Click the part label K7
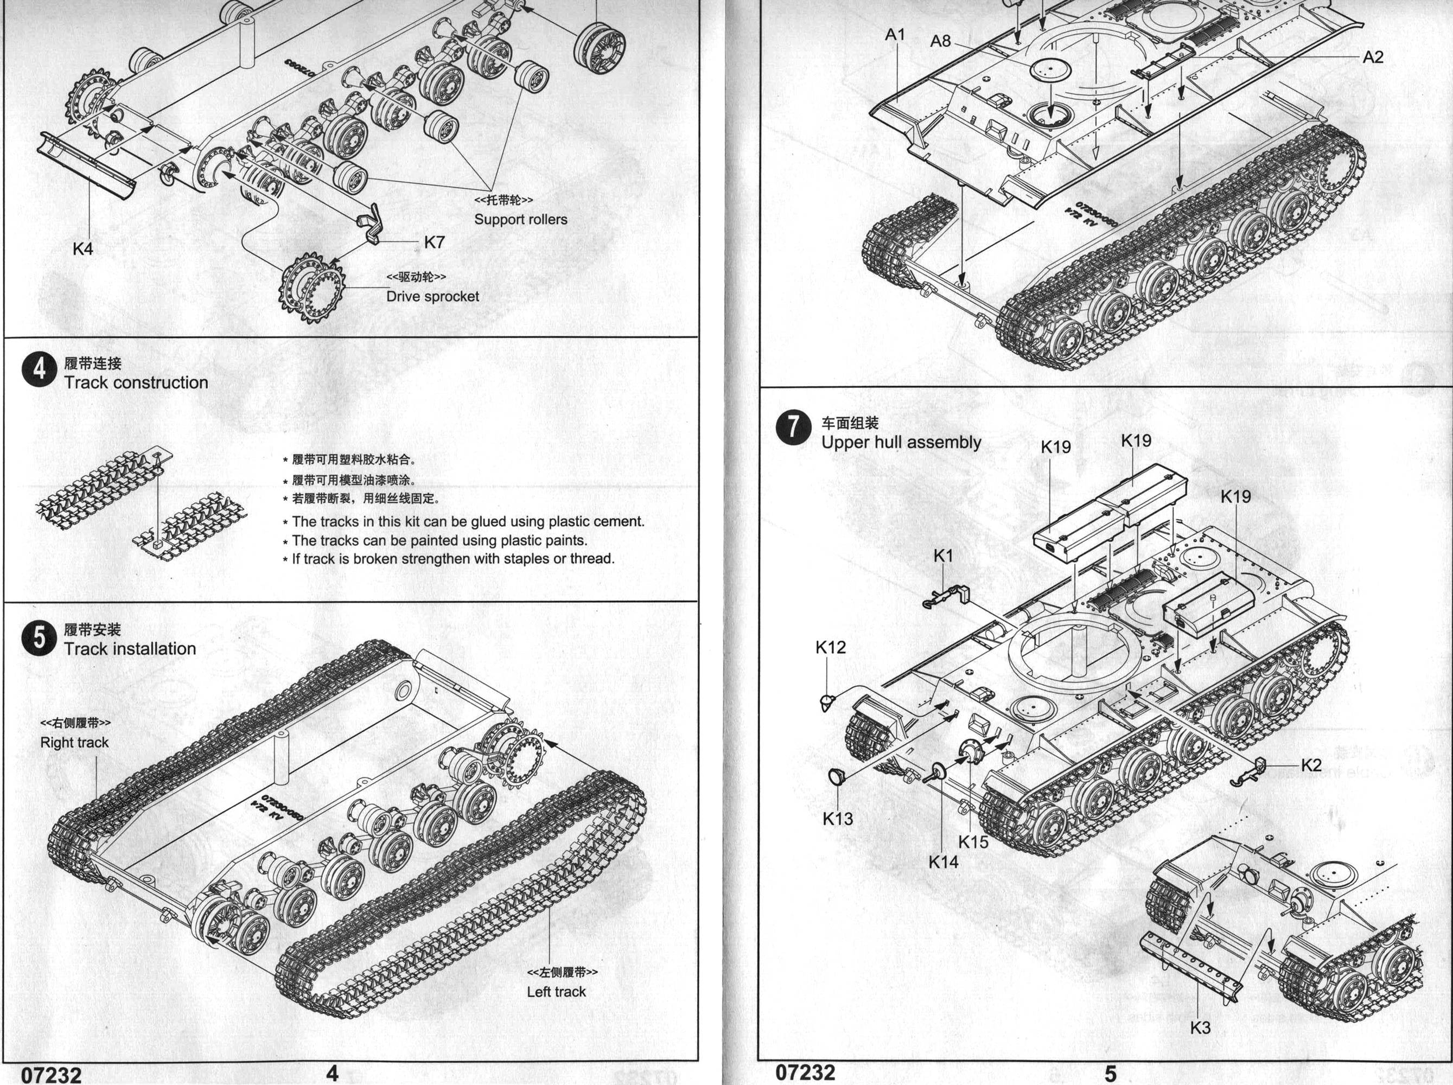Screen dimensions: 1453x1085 click(x=434, y=242)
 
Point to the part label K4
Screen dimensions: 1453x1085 click(x=83, y=248)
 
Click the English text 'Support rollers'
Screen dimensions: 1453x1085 click(x=521, y=219)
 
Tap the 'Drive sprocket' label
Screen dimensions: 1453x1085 click(x=432, y=296)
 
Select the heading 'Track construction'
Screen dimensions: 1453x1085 click(x=136, y=382)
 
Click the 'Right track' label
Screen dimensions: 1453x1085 click(x=74, y=742)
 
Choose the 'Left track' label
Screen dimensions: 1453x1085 click(x=556, y=992)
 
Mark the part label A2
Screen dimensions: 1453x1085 click(x=1373, y=57)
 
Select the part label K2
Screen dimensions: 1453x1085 click(x=1311, y=765)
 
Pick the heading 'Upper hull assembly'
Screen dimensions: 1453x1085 click(x=901, y=442)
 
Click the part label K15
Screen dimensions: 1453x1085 click(x=973, y=842)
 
